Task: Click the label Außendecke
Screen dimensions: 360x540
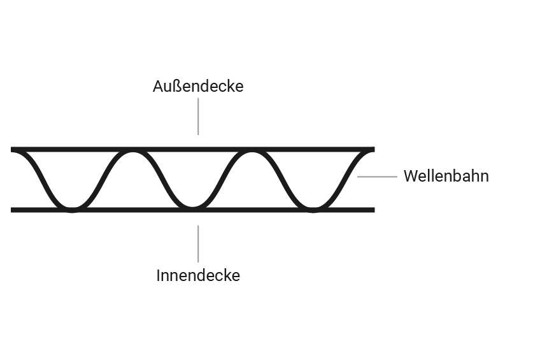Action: pos(198,86)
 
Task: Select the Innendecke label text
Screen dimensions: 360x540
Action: pos(198,276)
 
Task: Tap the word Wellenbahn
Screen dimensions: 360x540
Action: pos(446,176)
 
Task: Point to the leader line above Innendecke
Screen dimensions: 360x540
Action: pos(198,243)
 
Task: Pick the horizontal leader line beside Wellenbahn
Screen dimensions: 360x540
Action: pos(376,176)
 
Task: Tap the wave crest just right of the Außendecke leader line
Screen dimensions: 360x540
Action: pos(253,152)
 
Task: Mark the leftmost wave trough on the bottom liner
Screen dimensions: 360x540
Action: pos(72,208)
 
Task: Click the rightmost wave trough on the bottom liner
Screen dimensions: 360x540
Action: pos(313,208)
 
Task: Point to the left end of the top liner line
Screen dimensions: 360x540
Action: pos(13,150)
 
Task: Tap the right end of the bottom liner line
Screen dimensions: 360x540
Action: pos(373,210)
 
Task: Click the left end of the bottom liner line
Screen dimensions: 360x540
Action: pos(13,210)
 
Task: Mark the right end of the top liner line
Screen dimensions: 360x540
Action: pos(373,150)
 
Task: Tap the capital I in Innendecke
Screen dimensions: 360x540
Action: pos(159,276)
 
